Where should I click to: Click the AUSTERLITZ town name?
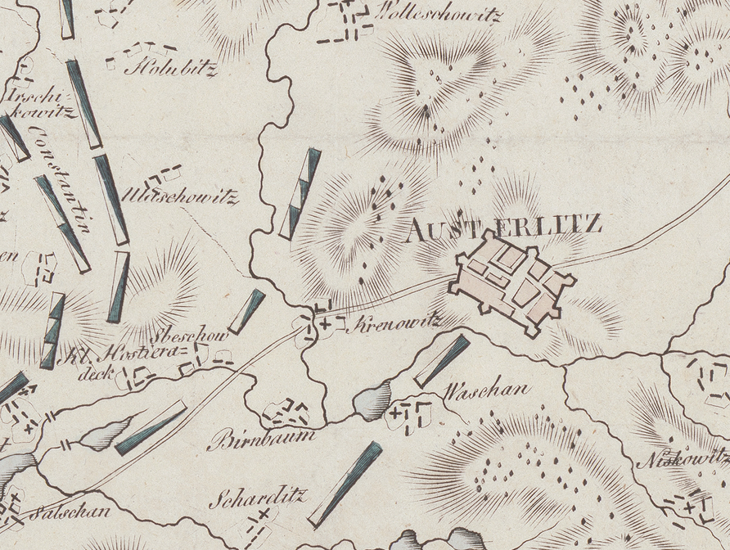503,225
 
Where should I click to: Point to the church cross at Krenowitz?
327,325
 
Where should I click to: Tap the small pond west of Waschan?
372,402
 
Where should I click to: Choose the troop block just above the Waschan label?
442,360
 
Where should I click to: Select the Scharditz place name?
256,497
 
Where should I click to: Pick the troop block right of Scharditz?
345,484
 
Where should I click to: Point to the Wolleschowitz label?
436,14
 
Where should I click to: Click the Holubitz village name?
170,69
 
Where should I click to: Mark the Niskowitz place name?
683,460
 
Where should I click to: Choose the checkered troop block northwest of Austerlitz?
300,194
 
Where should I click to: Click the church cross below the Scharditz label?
264,515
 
